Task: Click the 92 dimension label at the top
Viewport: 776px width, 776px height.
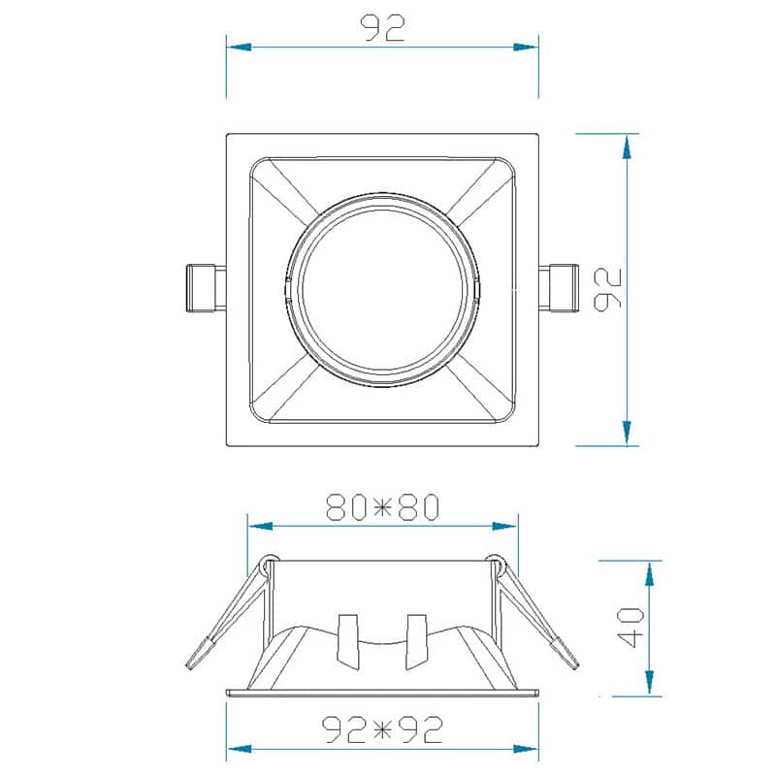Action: (x=383, y=28)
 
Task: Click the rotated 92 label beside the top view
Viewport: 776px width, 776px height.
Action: (x=607, y=289)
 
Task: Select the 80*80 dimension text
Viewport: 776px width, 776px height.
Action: (x=382, y=506)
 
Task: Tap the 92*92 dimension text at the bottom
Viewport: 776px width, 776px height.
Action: (x=382, y=729)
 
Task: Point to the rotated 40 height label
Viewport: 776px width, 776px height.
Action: (x=631, y=628)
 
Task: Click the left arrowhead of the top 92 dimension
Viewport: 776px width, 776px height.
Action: (x=239, y=47)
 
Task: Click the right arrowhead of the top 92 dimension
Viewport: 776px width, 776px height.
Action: (x=526, y=47)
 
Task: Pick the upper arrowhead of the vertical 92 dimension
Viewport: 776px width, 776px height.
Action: (x=627, y=146)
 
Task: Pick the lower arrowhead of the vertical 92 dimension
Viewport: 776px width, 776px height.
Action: (x=627, y=433)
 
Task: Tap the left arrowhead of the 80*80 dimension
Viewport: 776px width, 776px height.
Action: (x=260, y=526)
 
